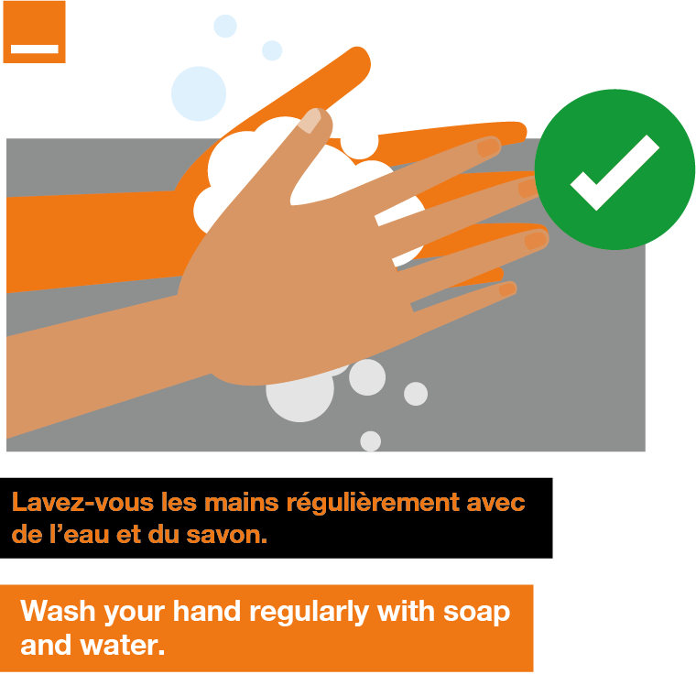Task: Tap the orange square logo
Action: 34,32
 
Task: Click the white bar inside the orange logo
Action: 35,49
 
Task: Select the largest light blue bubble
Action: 199,93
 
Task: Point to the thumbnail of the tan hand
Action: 310,120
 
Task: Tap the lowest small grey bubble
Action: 371,441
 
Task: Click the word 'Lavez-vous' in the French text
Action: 82,503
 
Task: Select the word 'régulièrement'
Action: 374,504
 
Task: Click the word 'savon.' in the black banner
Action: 227,535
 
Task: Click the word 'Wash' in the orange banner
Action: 58,611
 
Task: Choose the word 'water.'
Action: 122,646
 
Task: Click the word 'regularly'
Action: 310,613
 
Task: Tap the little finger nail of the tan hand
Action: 507,289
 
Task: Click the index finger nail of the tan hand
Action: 488,147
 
